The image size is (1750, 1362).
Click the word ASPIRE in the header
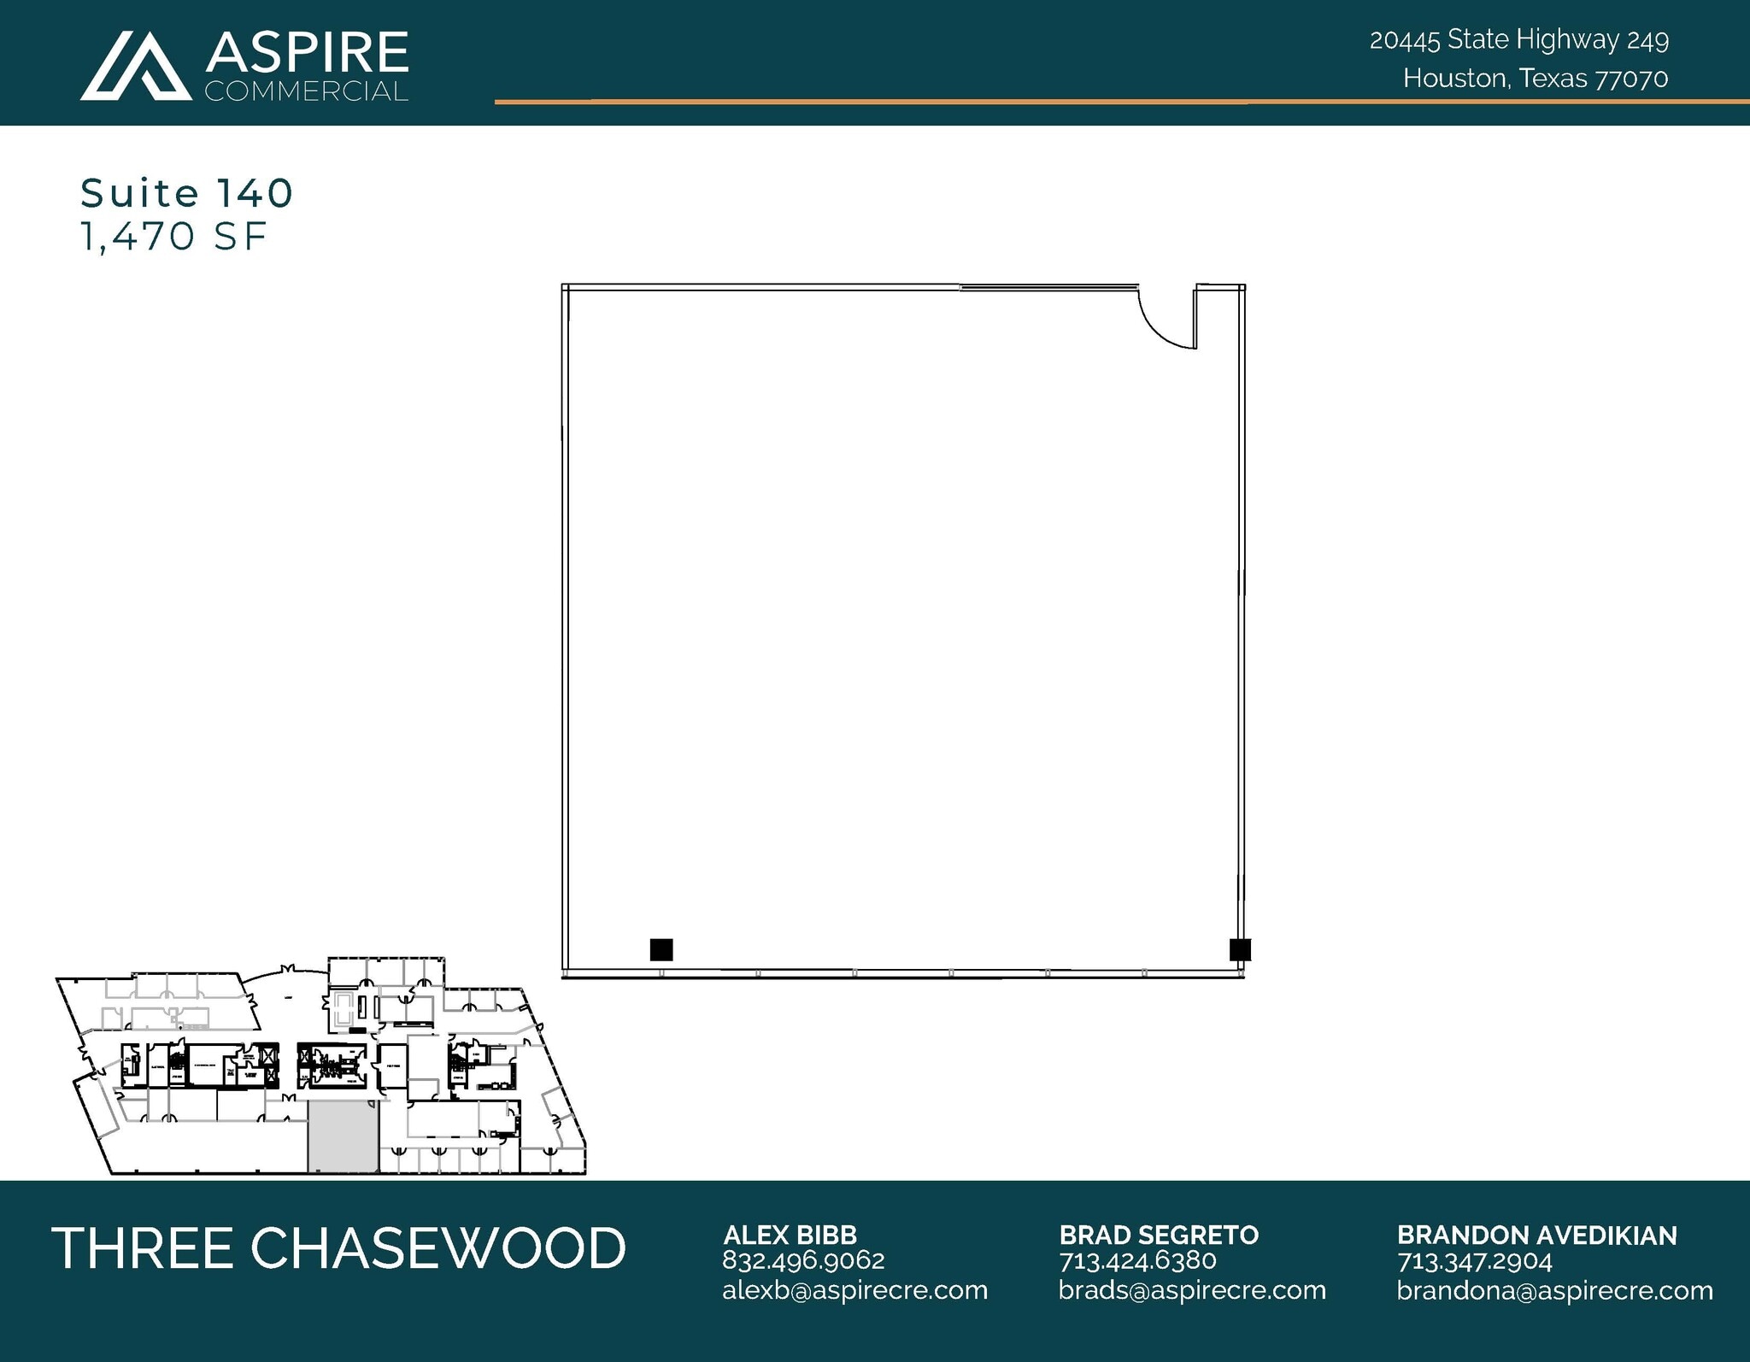pyautogui.click(x=307, y=52)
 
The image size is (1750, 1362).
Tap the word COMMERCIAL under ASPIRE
pyautogui.click(x=306, y=91)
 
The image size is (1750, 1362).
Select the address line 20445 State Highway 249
pyautogui.click(x=1518, y=39)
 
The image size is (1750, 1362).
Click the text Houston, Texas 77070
pyautogui.click(x=1535, y=79)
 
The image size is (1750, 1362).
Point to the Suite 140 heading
pyautogui.click(x=186, y=193)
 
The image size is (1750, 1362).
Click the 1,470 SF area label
pyautogui.click(x=173, y=237)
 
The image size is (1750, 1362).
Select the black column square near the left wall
pyautogui.click(x=661, y=949)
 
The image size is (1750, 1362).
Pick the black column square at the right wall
pyautogui.click(x=1240, y=949)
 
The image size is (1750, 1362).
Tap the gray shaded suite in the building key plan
pyautogui.click(x=342, y=1136)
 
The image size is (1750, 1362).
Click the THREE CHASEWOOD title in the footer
pyautogui.click(x=338, y=1248)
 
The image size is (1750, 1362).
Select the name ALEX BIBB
pyautogui.click(x=790, y=1235)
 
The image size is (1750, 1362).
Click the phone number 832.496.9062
pyautogui.click(x=803, y=1260)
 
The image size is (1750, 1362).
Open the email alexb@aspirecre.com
pyautogui.click(x=854, y=1290)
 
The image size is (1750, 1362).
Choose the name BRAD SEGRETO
pyautogui.click(x=1159, y=1235)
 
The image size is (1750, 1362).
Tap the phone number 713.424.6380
pyautogui.click(x=1137, y=1260)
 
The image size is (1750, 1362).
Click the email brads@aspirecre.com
pyautogui.click(x=1192, y=1290)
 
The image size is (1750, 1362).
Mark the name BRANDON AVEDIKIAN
pyautogui.click(x=1536, y=1235)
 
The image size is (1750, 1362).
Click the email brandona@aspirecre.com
pyautogui.click(x=1554, y=1290)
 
